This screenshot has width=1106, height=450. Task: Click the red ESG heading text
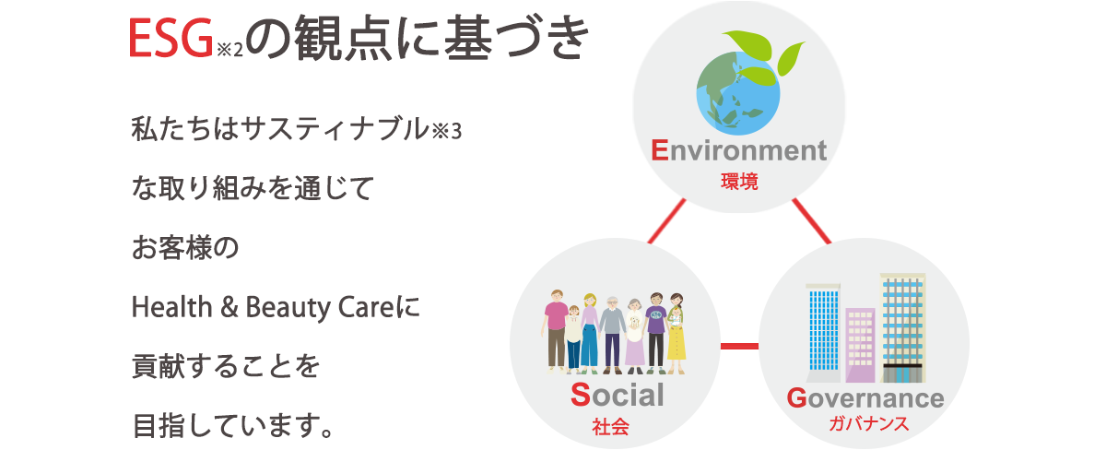point(171,38)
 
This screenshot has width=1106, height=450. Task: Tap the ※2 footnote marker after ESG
point(229,50)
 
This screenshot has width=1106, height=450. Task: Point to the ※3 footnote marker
point(446,131)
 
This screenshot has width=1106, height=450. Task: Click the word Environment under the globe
point(738,150)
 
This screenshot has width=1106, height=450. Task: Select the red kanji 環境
point(739,182)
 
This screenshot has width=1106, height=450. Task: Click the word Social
point(618,395)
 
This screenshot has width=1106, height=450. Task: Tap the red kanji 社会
point(610,426)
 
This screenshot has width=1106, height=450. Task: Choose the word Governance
point(865,398)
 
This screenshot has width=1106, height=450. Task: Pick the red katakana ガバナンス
point(868,424)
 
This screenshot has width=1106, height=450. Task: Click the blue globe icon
point(738,93)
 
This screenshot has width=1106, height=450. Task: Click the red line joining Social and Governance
point(739,346)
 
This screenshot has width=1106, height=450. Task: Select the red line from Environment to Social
point(666,220)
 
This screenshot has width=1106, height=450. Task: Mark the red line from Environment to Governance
point(812,220)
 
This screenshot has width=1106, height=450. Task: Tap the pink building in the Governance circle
point(860,345)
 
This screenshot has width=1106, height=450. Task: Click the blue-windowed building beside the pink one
point(823,333)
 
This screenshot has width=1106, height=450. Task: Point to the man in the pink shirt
point(557,330)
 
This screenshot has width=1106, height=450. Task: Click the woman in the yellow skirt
point(676,334)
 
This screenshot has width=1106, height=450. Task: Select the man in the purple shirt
point(655,333)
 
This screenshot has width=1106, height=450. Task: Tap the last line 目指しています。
point(233,426)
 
